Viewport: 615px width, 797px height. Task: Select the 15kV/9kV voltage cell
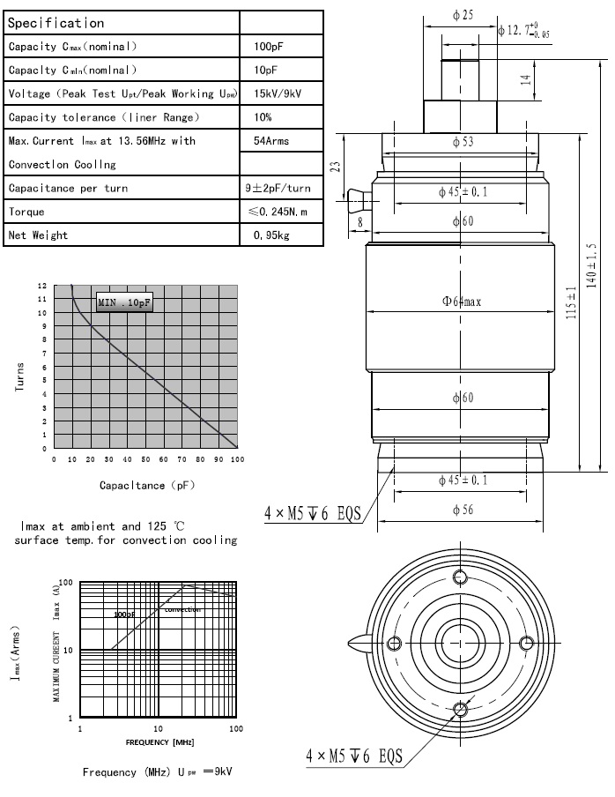point(275,93)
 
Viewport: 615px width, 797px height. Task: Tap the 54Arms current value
point(271,141)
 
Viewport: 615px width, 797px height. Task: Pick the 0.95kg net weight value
point(271,235)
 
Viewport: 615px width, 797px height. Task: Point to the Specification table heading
point(56,23)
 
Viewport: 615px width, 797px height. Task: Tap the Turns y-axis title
point(20,376)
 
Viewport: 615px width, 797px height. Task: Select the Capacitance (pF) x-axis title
point(146,485)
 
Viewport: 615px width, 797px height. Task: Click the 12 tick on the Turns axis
point(42,287)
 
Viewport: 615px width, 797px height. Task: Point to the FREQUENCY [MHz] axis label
point(159,742)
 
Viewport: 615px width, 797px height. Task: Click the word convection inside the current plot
point(182,609)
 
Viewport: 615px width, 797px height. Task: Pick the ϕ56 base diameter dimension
point(463,510)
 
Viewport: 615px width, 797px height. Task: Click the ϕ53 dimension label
point(463,142)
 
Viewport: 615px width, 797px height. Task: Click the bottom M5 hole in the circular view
point(460,708)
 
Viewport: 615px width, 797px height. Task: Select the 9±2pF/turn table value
point(278,188)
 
